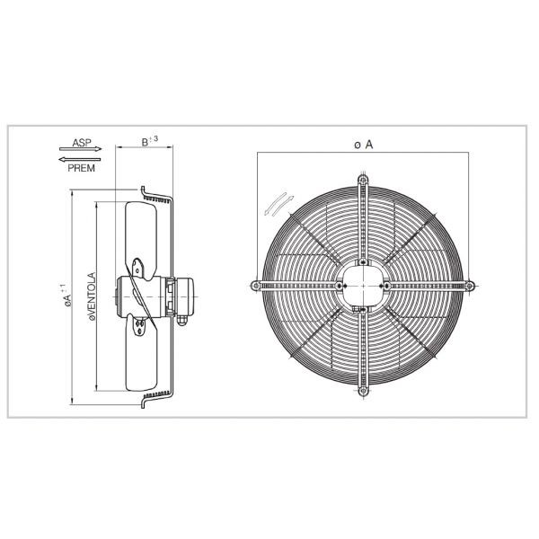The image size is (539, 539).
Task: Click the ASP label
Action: coord(81,142)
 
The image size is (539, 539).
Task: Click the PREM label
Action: coord(78,167)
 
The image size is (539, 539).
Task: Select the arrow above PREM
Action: coord(79,158)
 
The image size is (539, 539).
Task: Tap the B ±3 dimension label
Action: coord(150,142)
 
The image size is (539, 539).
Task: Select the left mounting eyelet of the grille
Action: coord(257,286)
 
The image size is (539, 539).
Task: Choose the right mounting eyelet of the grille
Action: coord(469,286)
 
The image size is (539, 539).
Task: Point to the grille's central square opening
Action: coord(363,286)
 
